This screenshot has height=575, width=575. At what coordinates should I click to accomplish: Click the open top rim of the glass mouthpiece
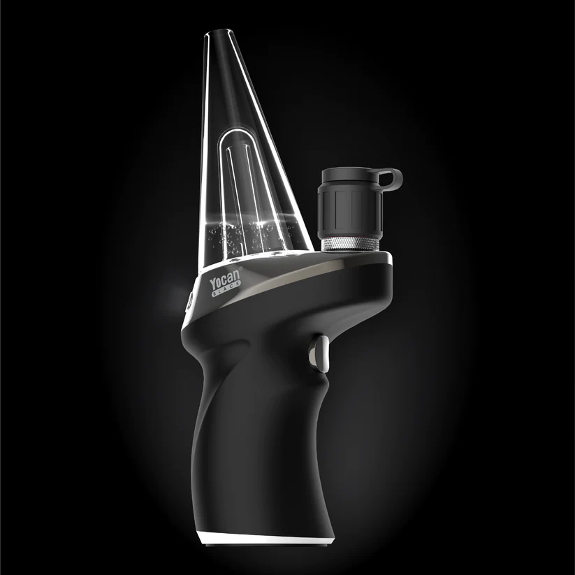[x=223, y=34]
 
